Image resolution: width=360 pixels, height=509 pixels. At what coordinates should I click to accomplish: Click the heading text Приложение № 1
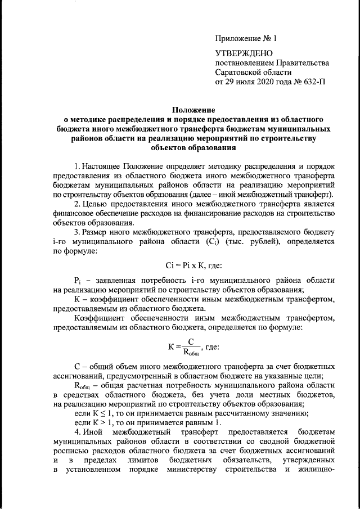(246, 39)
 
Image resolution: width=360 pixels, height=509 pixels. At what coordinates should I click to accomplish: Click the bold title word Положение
(193, 111)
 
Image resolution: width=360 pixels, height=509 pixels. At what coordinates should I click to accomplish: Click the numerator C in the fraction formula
(191, 341)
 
